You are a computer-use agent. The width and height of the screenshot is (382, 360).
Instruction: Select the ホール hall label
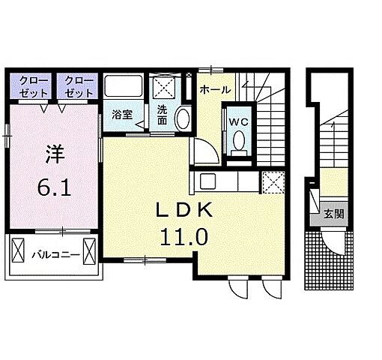215,89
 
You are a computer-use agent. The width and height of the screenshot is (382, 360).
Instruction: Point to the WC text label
238,121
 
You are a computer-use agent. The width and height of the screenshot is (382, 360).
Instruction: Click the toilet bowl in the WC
238,141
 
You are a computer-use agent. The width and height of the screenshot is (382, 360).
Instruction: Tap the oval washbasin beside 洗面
182,118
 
